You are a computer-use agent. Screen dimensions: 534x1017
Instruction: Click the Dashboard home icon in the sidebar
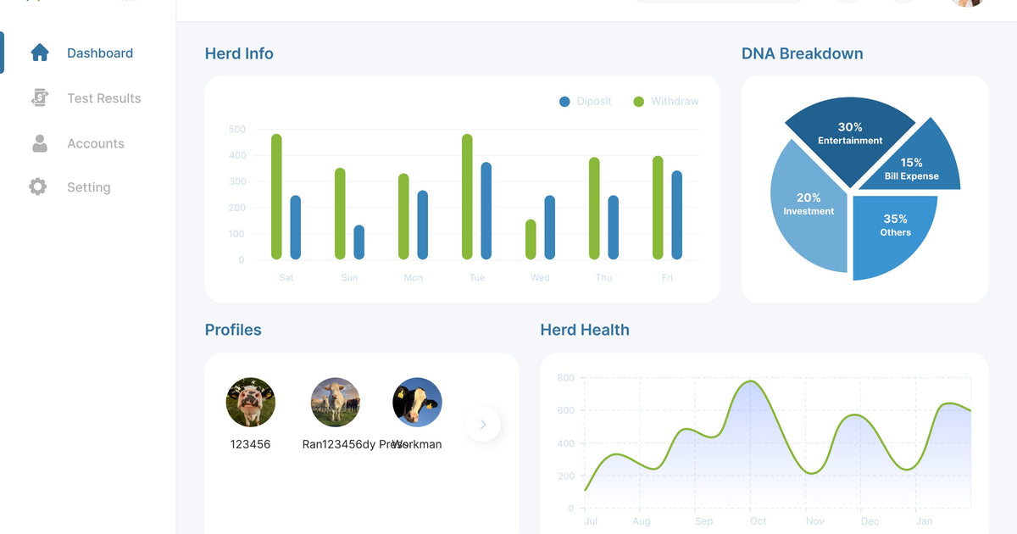[x=40, y=53]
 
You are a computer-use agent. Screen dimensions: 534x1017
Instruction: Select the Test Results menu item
[x=103, y=98]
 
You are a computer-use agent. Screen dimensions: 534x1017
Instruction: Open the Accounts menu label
[x=95, y=143]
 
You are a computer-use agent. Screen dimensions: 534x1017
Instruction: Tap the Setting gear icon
[x=38, y=186]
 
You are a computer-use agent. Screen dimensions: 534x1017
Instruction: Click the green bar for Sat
[x=276, y=197]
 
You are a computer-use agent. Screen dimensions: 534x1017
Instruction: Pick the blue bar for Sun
[x=359, y=242]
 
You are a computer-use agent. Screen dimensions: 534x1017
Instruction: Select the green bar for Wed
[x=531, y=240]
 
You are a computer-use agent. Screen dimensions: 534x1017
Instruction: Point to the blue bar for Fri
[x=677, y=215]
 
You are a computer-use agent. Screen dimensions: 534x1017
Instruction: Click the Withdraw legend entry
[x=666, y=102]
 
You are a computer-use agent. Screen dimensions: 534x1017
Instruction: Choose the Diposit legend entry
[x=586, y=102]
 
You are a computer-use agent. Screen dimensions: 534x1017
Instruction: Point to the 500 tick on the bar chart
[x=237, y=130]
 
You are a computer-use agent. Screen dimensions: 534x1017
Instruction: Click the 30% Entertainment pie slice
[x=849, y=136]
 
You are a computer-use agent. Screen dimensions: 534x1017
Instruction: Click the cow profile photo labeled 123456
[x=251, y=402]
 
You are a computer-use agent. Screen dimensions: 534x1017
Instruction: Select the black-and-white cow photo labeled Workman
[x=417, y=402]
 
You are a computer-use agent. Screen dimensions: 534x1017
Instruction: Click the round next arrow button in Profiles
[x=483, y=425]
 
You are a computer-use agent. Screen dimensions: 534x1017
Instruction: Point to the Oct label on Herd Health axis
[x=758, y=521]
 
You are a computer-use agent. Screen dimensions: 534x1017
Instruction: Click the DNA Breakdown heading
[x=802, y=53]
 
